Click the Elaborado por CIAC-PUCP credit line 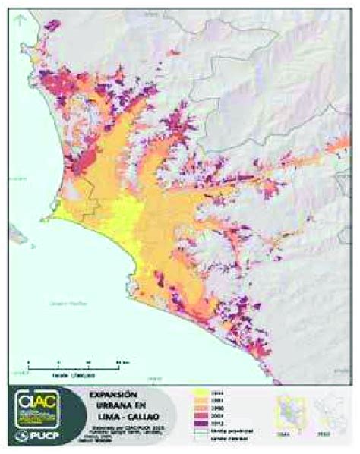114,427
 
